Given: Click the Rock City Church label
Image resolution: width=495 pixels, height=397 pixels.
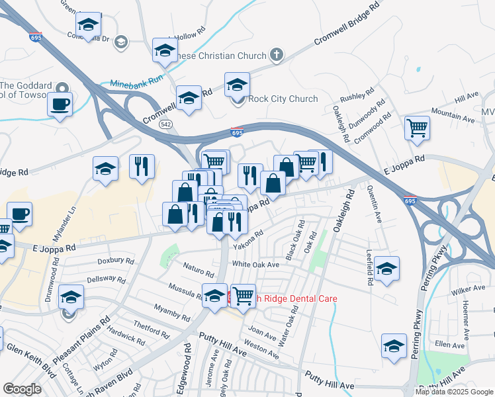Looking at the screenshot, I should [x=283, y=99].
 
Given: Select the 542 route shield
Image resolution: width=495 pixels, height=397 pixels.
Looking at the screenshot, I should [x=165, y=124].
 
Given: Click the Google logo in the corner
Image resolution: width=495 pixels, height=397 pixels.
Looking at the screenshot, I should [x=22, y=388].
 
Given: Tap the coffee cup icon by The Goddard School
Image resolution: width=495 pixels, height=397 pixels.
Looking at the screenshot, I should [x=60, y=104].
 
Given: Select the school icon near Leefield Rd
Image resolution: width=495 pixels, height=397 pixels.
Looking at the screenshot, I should [x=387, y=269].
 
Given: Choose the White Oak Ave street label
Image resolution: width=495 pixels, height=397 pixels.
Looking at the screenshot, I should [x=255, y=265].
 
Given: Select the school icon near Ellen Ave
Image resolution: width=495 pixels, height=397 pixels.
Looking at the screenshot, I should [x=394, y=345].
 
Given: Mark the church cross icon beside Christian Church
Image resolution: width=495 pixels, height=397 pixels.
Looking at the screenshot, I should [x=277, y=56].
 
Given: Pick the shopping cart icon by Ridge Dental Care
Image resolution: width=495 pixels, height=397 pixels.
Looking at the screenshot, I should [x=244, y=296].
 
